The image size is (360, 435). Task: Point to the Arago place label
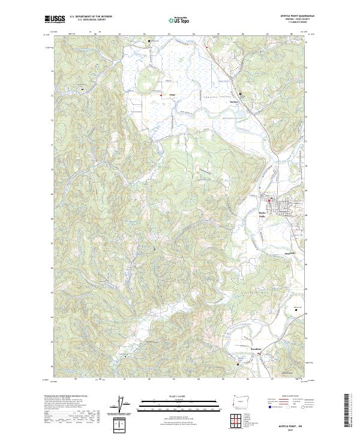172,95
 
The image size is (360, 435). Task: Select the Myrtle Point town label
262,214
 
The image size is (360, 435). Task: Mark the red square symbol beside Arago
160,95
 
